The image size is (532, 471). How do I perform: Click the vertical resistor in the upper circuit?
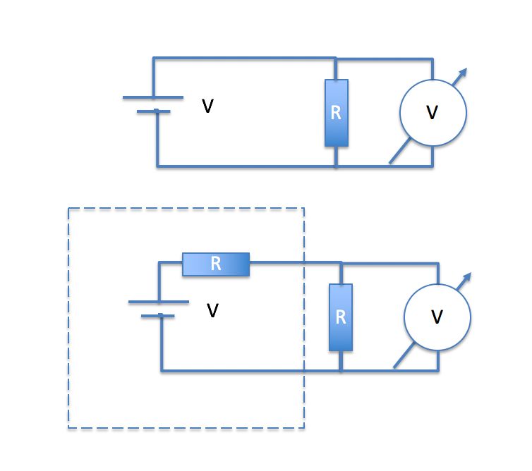pos(337,113)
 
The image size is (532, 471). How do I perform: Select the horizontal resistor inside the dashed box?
pos(216,264)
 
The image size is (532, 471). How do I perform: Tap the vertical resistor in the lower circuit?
pos(341,317)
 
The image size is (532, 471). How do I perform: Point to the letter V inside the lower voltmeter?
pos(437,317)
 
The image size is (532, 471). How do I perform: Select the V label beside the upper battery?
pos(207,106)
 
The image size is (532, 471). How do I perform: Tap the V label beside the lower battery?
pos(212,310)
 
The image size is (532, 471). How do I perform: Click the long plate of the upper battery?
pos(153,97)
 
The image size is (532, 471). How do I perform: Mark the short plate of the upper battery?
pos(153,111)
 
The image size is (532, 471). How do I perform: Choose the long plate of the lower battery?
pos(158,302)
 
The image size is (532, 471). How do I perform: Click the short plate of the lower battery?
pos(158,316)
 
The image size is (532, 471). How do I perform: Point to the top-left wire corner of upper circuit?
pos(154,58)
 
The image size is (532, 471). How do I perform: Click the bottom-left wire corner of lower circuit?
pos(162,370)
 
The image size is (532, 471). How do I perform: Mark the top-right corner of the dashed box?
pos(303,209)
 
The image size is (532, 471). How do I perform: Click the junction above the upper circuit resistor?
pos(337,58)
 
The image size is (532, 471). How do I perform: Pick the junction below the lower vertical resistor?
pos(341,370)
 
